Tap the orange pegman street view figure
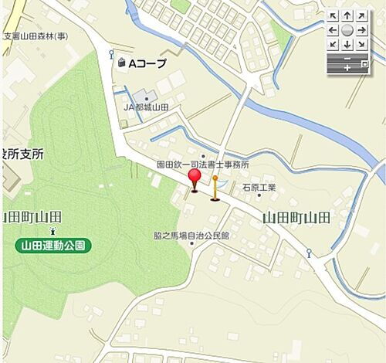(x=215, y=188)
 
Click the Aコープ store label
(x=147, y=63)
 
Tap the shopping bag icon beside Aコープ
(x=121, y=63)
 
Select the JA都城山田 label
(x=147, y=107)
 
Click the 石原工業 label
(x=259, y=187)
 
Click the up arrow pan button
(x=347, y=15)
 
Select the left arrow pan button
(x=333, y=30)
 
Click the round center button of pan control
(x=347, y=30)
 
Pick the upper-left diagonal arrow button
(x=333, y=15)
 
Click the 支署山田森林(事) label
(x=36, y=36)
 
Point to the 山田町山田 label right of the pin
(x=296, y=218)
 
